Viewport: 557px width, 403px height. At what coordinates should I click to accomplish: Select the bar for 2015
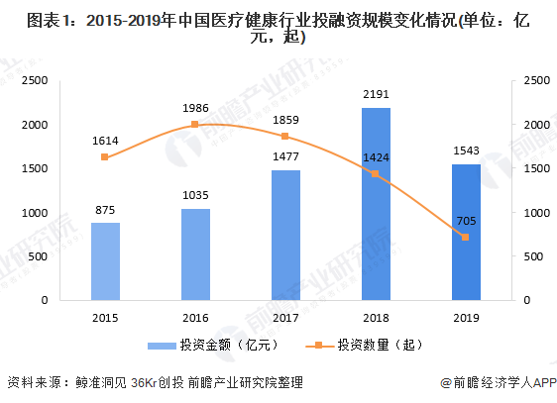coord(105,260)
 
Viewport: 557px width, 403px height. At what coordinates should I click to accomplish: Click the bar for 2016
coord(195,253)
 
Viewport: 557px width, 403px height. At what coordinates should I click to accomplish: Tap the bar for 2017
coord(285,235)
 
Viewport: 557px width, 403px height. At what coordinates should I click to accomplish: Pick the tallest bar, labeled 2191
coord(376,203)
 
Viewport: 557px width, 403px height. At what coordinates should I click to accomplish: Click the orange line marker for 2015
coord(105,157)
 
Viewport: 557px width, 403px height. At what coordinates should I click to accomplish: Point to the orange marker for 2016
coord(195,125)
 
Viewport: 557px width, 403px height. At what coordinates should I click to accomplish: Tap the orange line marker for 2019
coord(466,238)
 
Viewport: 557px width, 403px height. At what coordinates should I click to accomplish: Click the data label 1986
coord(194,107)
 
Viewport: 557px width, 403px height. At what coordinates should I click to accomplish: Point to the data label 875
coord(105,209)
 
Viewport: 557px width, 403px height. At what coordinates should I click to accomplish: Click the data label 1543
coord(466,151)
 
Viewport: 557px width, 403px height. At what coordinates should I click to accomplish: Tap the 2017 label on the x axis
coord(285,317)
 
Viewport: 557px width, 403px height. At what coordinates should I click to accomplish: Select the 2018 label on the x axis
coord(376,317)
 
